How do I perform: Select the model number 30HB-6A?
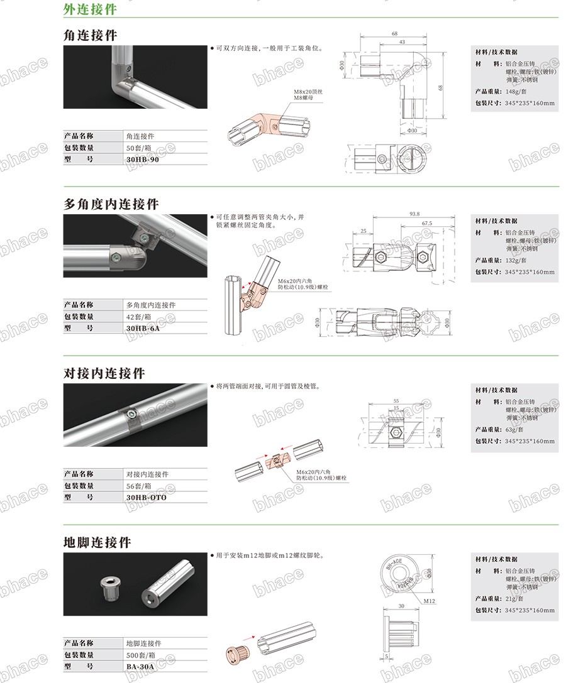(142, 329)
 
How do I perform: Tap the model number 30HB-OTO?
(146, 498)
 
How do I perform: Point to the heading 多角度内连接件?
(111, 204)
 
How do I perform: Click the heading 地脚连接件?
(97, 542)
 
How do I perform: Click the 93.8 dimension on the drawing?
(414, 214)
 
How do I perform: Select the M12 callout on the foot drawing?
(430, 601)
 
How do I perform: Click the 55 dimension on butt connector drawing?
(396, 400)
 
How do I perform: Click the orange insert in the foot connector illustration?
(238, 655)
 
